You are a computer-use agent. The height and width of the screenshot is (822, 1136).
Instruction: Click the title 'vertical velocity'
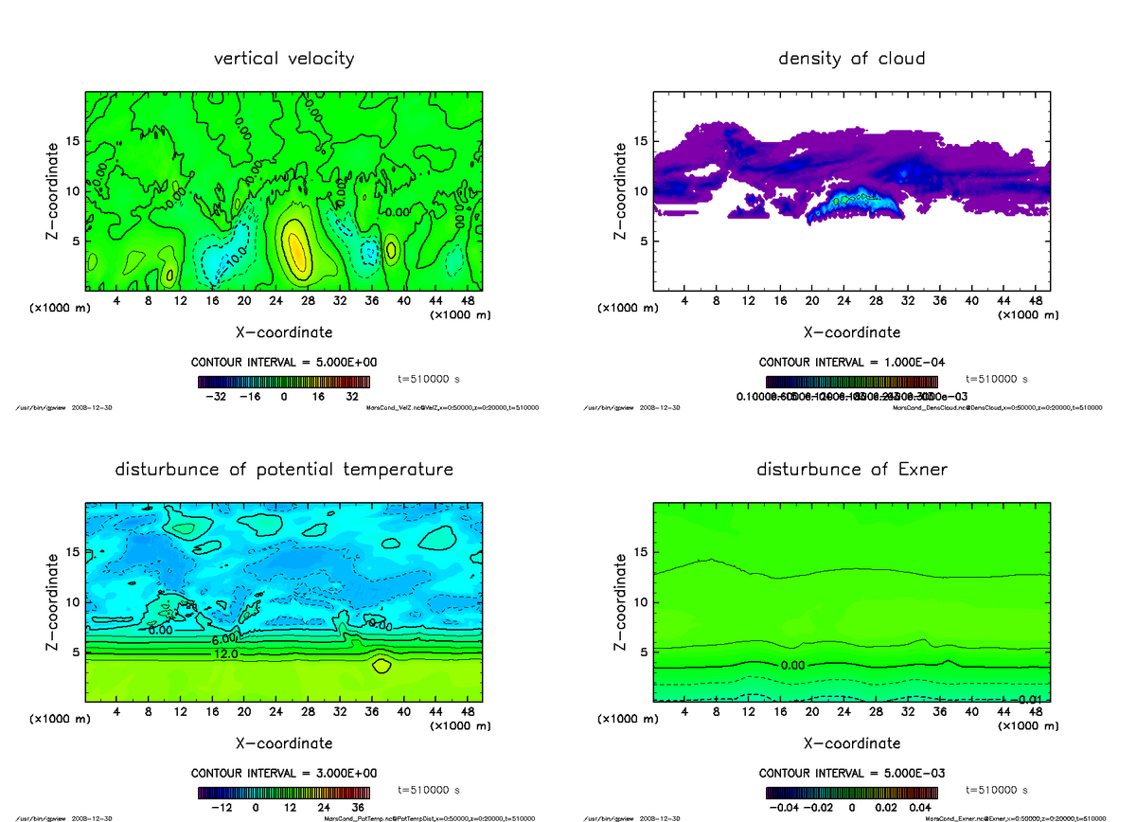coord(284,59)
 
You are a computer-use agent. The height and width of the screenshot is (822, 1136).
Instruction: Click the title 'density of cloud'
coord(851,59)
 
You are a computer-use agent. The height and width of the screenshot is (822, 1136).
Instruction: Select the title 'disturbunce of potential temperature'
coord(284,470)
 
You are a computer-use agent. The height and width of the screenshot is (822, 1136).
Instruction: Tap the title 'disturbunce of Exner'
coord(851,470)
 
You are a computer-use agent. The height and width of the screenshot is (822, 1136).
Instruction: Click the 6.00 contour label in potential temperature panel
coord(223,640)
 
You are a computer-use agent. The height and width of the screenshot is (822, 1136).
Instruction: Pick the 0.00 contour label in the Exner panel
coord(793,666)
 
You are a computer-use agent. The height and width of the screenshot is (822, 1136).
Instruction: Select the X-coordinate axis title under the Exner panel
coord(851,743)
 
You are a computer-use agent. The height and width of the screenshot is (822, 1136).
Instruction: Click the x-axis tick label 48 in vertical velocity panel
coord(468,301)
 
